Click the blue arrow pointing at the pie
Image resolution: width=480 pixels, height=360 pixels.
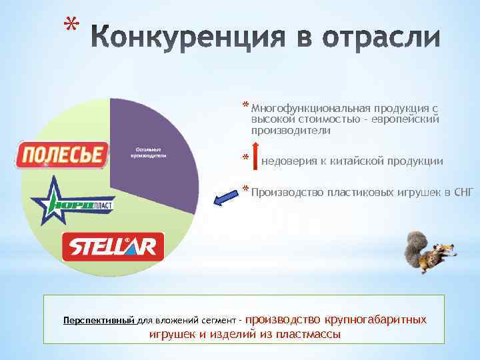click(226, 196)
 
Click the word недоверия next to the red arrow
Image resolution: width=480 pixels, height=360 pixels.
click(289, 161)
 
